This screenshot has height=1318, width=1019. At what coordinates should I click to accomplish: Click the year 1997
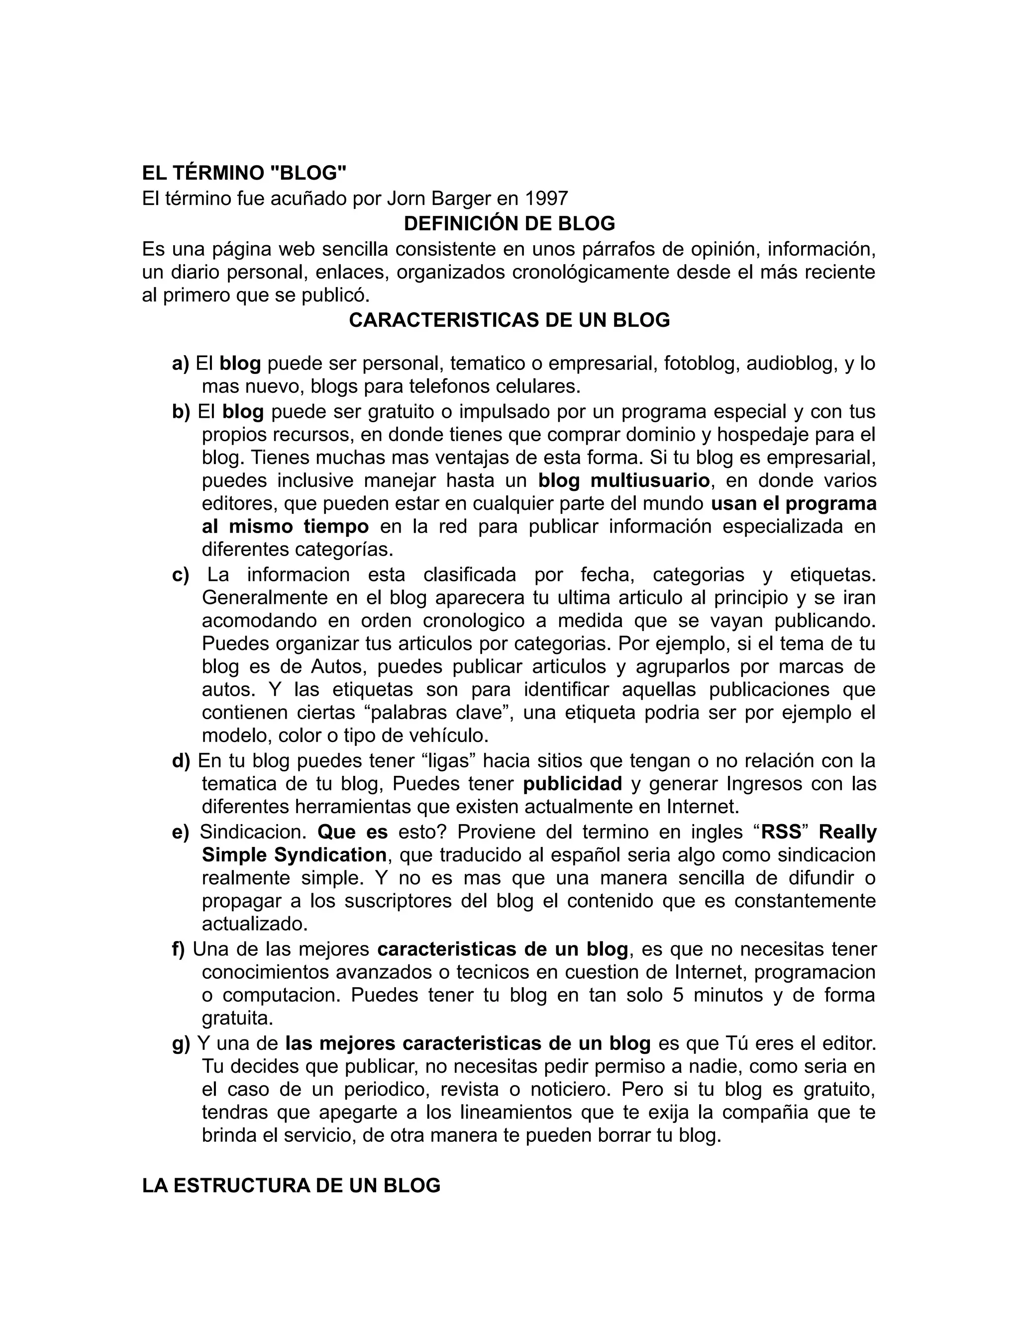click(547, 198)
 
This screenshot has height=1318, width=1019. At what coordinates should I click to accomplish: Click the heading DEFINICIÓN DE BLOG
click(509, 223)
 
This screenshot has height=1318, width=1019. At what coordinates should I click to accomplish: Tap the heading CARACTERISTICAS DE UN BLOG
click(509, 320)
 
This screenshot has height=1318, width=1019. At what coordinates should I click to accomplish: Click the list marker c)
click(180, 574)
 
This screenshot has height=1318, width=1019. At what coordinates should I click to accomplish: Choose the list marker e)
click(180, 832)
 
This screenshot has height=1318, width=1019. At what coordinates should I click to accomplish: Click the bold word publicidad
click(572, 783)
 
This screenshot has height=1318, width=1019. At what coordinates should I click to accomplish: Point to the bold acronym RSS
click(781, 832)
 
